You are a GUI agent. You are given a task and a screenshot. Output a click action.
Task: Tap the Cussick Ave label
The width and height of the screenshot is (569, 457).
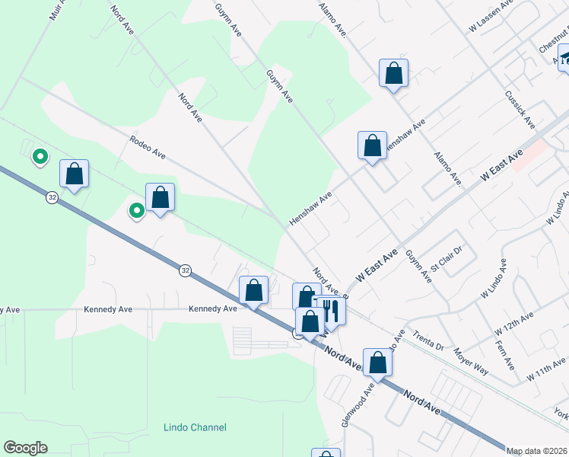point(520,111)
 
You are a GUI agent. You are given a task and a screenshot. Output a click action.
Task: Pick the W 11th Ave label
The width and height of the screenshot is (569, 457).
point(548,369)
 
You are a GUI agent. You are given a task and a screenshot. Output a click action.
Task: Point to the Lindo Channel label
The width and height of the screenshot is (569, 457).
point(195,427)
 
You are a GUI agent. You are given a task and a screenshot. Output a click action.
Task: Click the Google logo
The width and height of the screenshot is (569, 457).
point(25,448)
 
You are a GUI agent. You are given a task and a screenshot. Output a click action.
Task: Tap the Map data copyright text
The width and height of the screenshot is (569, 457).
point(537,451)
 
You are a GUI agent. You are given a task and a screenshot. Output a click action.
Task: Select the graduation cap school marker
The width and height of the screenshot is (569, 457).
point(565,58)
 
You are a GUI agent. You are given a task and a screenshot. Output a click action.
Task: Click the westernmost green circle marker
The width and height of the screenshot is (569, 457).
point(40,158)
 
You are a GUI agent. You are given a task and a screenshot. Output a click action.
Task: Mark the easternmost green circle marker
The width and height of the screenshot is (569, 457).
point(136,210)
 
